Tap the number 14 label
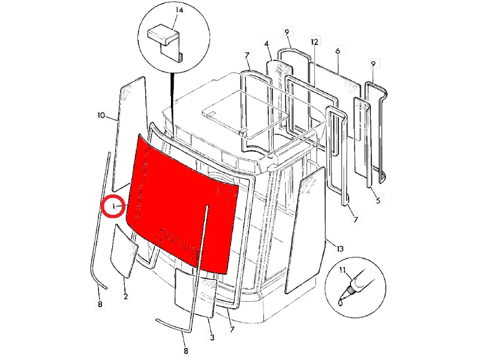(179, 10)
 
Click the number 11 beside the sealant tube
(343, 270)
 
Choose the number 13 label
(340, 248)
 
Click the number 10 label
(101, 115)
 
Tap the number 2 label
(125, 296)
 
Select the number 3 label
(212, 337)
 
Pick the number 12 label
(314, 41)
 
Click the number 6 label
(338, 51)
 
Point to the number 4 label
(266, 44)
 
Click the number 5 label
(378, 200)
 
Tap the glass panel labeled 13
(305, 230)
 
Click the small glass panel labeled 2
(124, 251)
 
